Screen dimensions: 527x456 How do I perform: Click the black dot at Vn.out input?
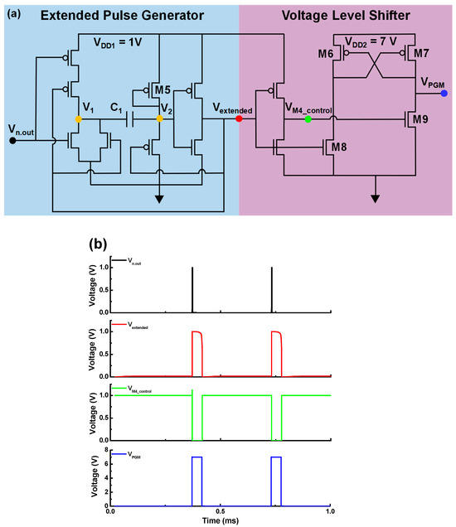click(x=12, y=140)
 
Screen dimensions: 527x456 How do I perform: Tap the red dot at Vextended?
click(x=239, y=119)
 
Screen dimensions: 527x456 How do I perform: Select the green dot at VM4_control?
click(x=308, y=119)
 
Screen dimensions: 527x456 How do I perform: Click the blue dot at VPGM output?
click(x=445, y=94)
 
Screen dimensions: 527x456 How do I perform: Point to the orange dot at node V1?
click(x=78, y=119)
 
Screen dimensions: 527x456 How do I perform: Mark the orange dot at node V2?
click(x=159, y=119)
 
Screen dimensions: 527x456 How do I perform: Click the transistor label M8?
click(x=338, y=148)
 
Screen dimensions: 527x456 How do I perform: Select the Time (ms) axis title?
click(x=221, y=520)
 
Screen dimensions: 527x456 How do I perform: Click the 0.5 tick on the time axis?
click(x=221, y=510)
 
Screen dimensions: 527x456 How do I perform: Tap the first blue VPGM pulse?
click(x=197, y=481)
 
